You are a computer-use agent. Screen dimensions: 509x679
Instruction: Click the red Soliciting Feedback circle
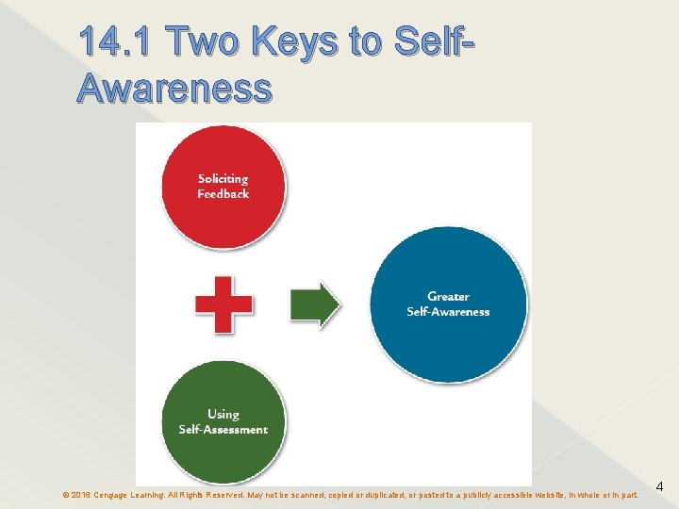coord(223,187)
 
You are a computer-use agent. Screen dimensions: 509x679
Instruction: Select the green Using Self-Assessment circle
coord(223,420)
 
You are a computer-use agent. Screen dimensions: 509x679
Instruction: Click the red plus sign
coord(224,304)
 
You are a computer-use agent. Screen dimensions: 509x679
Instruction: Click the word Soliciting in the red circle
coord(223,178)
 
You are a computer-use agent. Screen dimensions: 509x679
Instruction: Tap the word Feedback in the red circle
coord(223,194)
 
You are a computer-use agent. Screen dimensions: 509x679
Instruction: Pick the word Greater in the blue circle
coord(448,297)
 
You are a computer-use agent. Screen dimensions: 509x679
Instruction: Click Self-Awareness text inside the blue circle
coord(448,312)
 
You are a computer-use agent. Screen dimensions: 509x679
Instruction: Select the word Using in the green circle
coord(224,414)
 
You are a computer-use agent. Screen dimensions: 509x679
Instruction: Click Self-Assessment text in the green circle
coord(224,430)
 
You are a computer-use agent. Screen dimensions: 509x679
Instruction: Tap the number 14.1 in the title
coord(118,43)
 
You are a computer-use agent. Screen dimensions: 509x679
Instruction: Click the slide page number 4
coord(660,487)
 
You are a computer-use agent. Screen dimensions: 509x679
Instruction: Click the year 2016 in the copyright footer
coord(81,494)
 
